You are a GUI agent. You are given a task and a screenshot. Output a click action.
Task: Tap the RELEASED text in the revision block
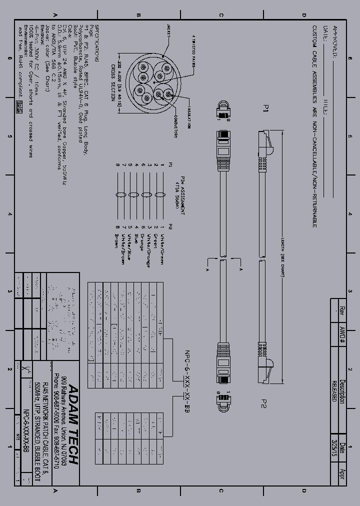coord(333,390)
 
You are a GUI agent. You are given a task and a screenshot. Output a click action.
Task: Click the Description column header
coord(342,390)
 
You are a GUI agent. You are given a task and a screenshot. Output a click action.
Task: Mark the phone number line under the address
coord(56,424)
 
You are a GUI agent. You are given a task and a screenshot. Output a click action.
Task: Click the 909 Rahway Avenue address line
coord(63,424)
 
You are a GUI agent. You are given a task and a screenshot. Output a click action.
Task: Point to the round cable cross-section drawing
coord(150,82)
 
